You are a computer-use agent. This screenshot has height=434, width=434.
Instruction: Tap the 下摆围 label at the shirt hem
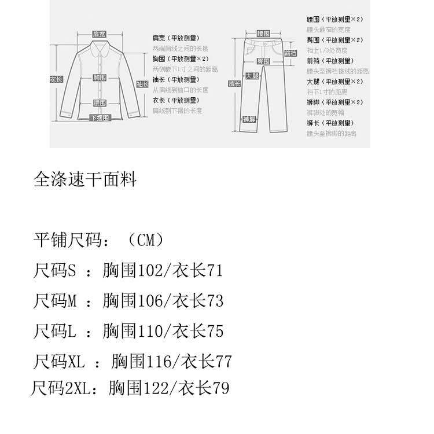coord(99,118)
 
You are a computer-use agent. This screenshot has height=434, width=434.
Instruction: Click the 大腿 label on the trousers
coord(252,76)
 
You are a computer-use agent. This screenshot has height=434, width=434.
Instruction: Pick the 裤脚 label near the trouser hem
coord(249,119)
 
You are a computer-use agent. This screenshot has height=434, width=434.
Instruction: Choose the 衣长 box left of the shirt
coord(56,79)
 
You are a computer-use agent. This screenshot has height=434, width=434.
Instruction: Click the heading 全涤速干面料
coord(85,180)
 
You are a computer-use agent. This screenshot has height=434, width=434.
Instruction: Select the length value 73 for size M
coord(214,301)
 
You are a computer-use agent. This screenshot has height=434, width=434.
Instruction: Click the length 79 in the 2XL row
coord(220,388)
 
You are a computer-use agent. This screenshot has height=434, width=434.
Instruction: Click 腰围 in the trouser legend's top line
coord(313,19)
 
